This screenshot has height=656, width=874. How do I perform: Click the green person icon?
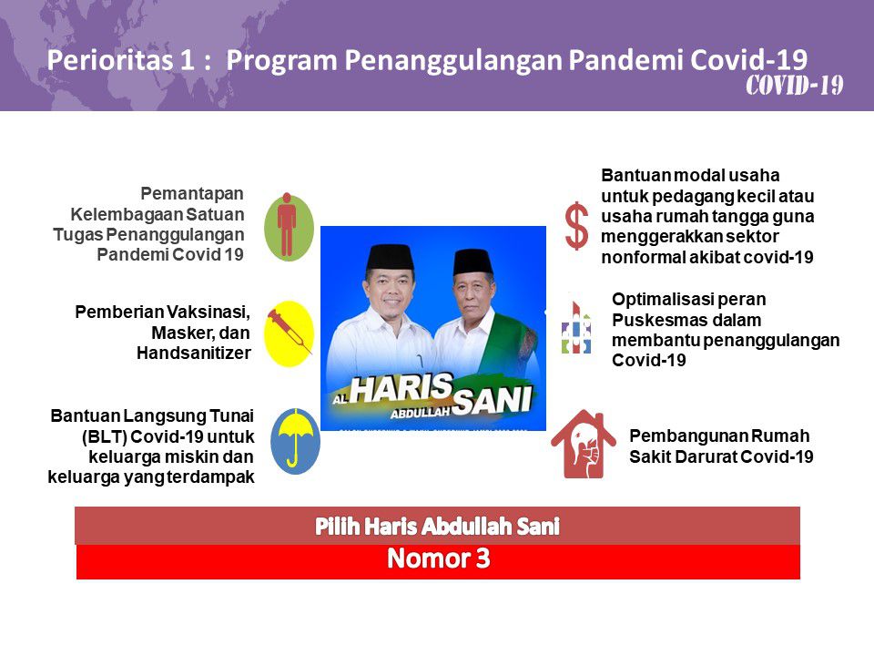point(289,225)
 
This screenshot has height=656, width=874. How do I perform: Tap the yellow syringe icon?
point(289,333)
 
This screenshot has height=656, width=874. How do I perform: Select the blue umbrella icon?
point(294,440)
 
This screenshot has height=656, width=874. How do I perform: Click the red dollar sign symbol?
point(576,227)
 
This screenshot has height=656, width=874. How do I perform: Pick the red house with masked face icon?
point(583,445)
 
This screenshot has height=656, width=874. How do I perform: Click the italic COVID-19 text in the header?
point(794,87)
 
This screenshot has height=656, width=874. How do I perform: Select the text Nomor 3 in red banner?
point(438,559)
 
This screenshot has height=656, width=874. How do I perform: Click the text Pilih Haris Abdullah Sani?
point(437,526)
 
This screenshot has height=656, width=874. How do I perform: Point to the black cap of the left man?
point(391,257)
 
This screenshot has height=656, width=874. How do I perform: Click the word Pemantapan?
point(192,193)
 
